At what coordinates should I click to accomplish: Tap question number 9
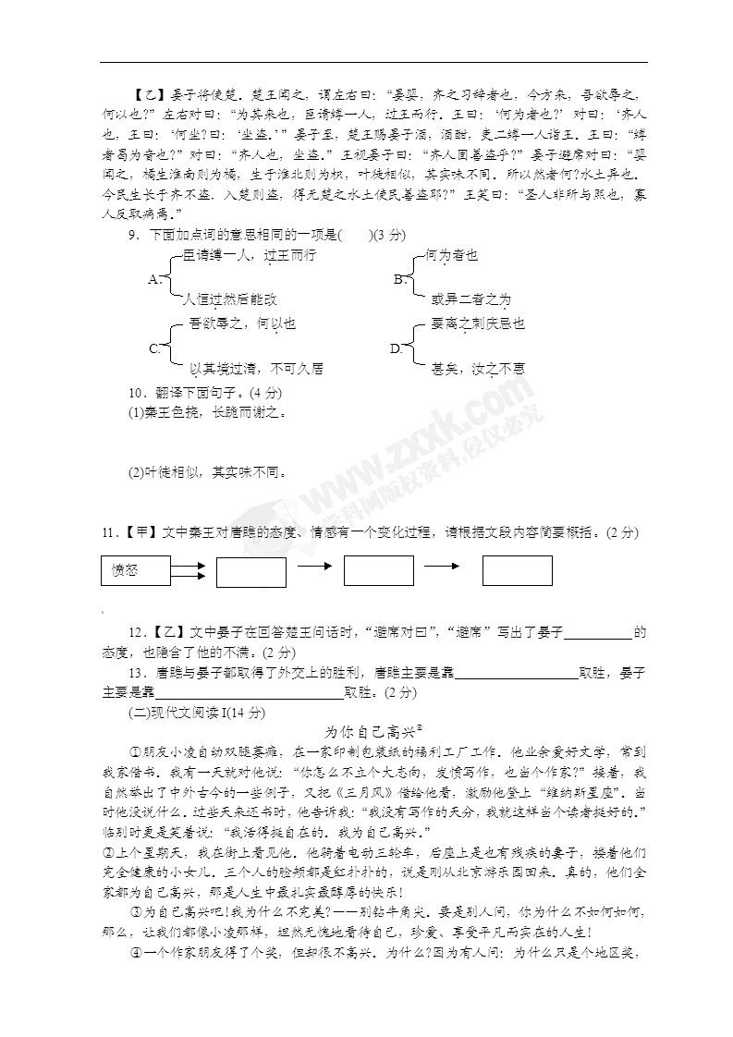(x=134, y=236)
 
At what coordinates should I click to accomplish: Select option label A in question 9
(x=154, y=278)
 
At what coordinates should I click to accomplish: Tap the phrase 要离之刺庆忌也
(x=478, y=323)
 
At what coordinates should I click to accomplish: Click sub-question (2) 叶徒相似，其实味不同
(x=207, y=472)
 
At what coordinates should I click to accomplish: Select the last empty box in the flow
(x=517, y=571)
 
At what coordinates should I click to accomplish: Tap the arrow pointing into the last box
(x=443, y=566)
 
